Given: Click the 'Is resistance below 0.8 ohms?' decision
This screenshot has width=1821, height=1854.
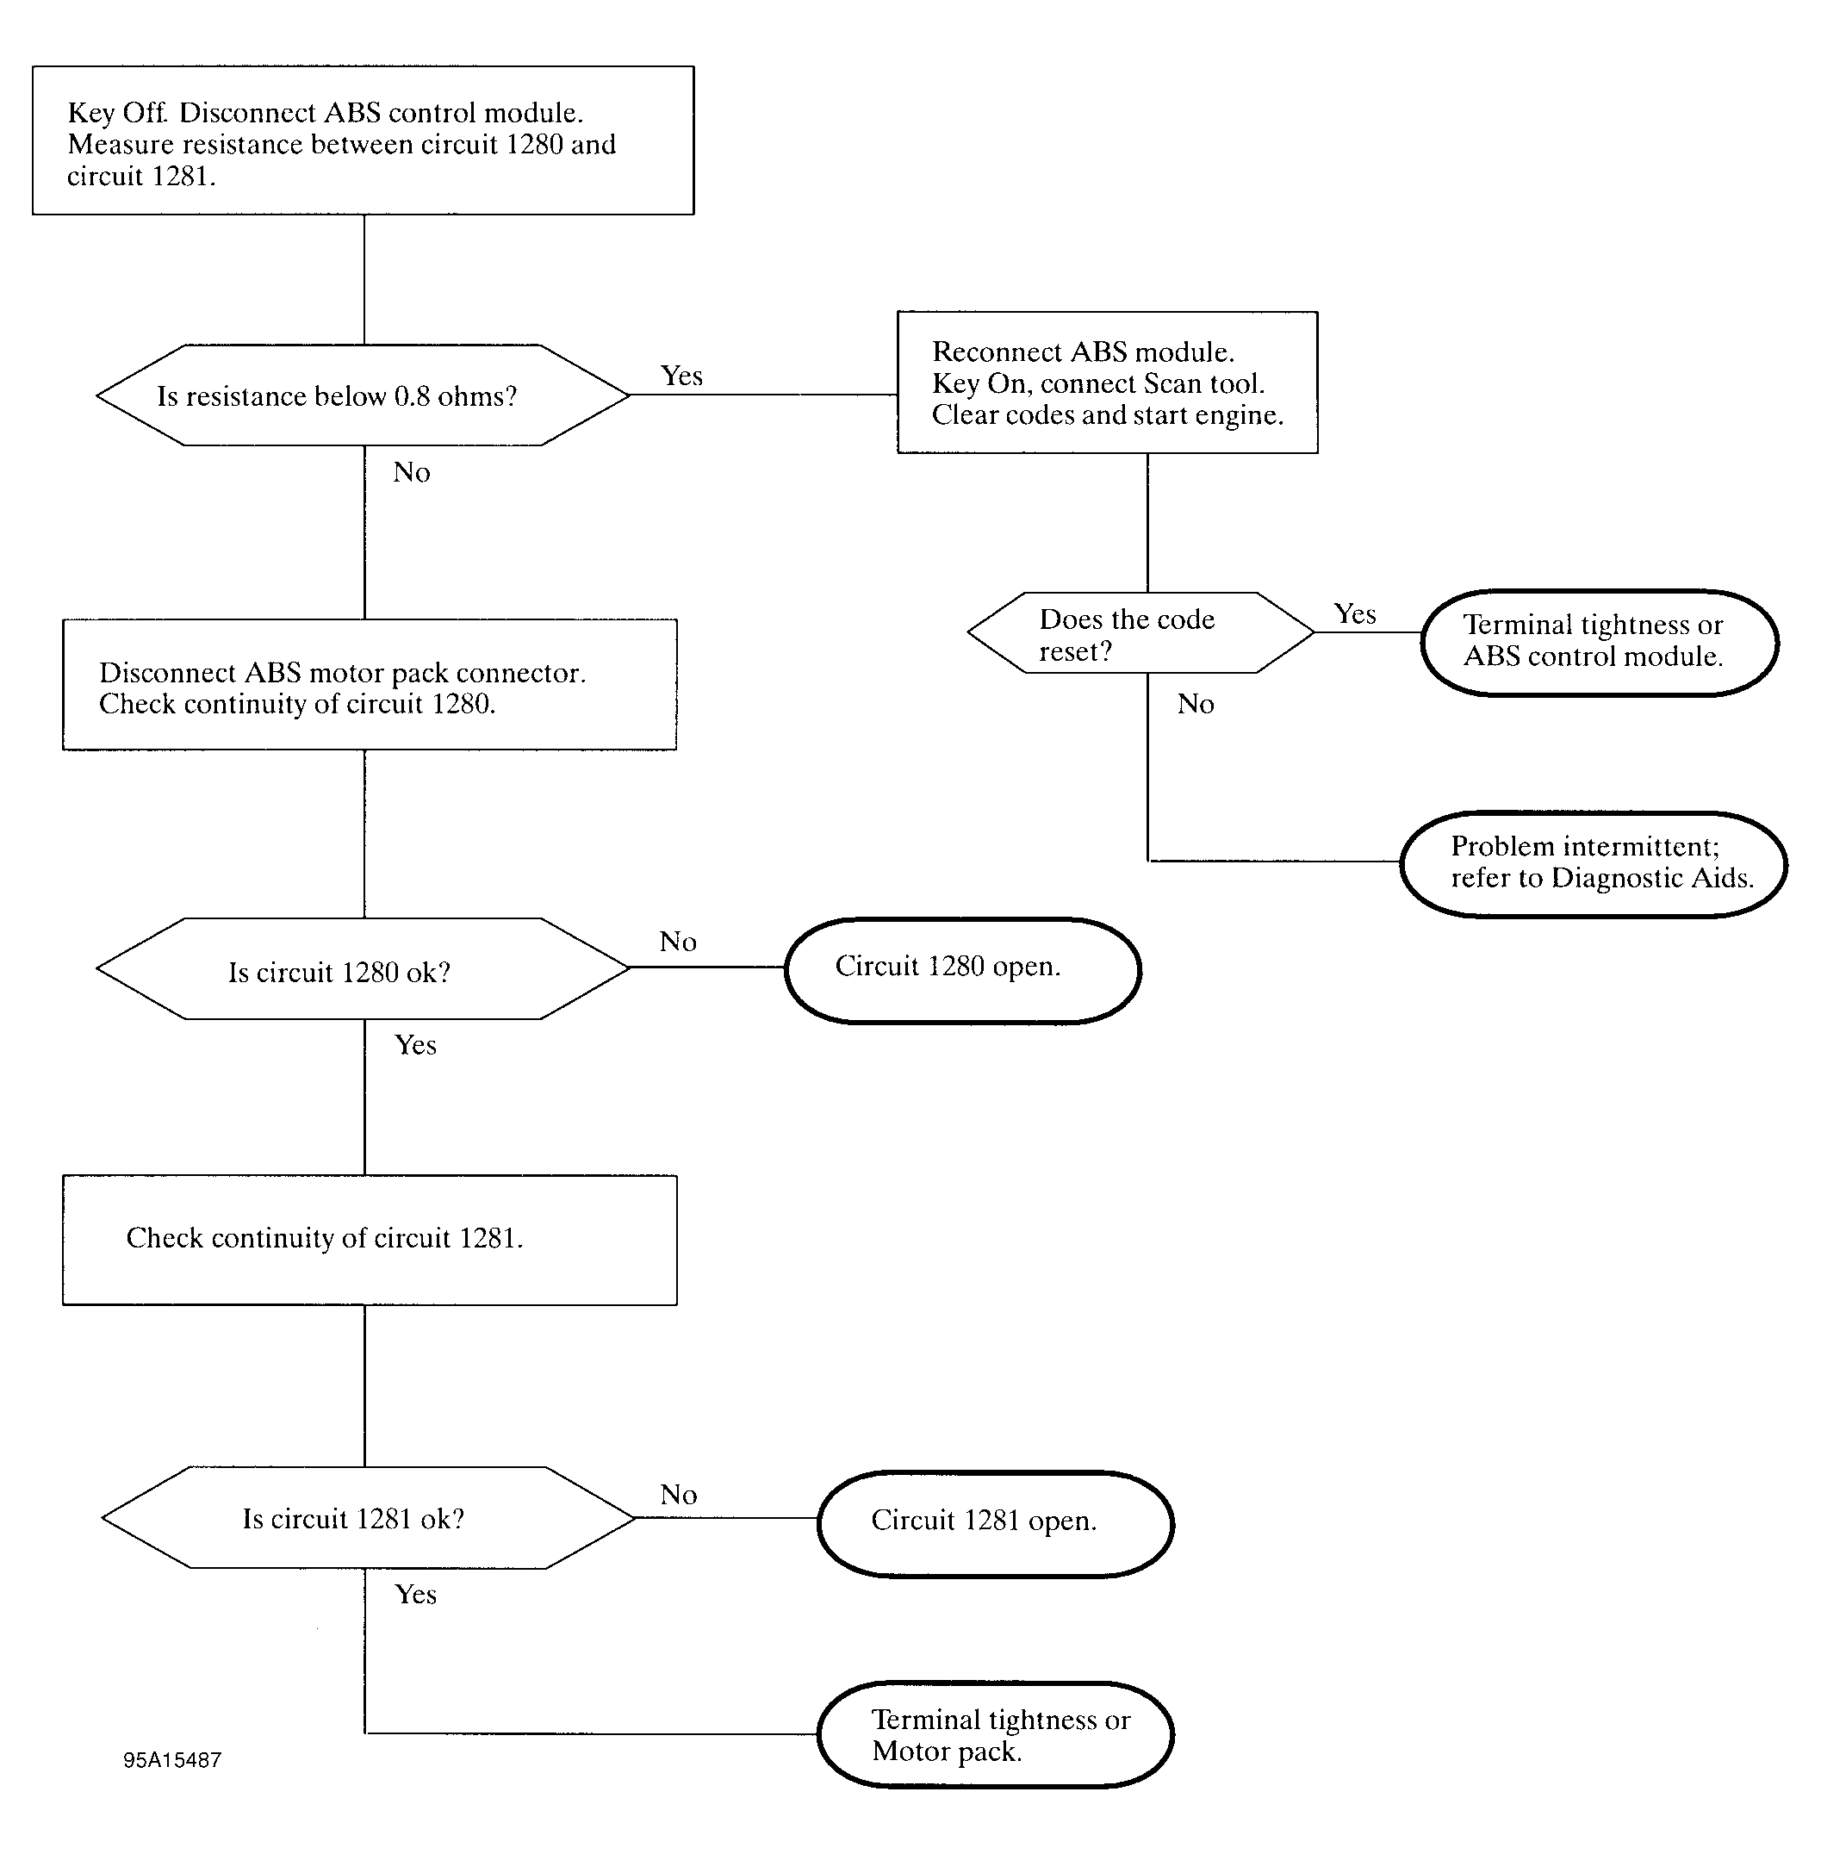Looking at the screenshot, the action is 364,395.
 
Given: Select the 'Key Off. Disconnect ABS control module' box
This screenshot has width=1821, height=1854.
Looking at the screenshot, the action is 364,140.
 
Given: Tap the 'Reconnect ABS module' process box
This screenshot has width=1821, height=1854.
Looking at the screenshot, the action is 1108,383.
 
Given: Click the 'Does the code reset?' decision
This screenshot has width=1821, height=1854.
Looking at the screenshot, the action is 1141,632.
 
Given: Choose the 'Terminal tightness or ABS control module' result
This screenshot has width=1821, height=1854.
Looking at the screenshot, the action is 1600,642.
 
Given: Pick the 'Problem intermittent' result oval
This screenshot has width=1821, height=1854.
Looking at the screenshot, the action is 1594,864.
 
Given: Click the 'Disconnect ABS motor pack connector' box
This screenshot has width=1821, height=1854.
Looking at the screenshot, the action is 370,685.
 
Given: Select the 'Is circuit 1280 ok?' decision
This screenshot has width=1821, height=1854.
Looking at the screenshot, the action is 364,969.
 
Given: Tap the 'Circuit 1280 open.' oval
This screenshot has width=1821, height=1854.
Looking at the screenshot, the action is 963,971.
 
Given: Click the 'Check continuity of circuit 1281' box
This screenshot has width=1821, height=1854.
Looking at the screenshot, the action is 370,1240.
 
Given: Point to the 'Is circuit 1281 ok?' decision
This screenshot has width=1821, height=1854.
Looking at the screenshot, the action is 368,1517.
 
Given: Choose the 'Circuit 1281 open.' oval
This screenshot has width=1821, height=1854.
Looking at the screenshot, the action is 996,1524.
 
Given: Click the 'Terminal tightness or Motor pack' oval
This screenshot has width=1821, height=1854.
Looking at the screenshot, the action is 996,1734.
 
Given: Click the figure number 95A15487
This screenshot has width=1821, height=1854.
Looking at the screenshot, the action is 172,1760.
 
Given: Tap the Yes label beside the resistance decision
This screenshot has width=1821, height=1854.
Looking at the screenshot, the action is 682,376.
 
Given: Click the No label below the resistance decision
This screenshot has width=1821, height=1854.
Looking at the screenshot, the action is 411,473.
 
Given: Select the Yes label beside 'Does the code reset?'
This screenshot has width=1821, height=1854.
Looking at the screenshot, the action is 1355,614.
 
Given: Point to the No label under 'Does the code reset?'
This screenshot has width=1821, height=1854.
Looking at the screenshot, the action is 1196,704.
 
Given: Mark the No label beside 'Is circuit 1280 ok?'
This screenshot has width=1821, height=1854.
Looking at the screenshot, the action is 678,942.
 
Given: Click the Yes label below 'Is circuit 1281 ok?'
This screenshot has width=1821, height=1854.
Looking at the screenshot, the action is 416,1594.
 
